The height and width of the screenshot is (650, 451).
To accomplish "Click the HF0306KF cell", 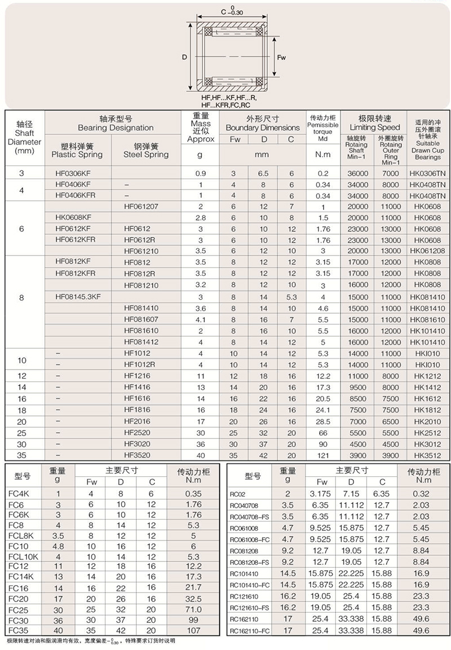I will [73, 173].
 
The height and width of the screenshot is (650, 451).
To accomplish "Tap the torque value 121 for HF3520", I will [323, 455].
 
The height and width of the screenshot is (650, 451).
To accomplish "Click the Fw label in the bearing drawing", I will [282, 58].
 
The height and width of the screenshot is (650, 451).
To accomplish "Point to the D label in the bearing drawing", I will [184, 58].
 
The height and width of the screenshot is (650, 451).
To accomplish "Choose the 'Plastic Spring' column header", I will [77, 150].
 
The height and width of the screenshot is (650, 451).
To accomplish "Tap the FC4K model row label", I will [17, 493].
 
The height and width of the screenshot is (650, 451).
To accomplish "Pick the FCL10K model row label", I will [21, 556].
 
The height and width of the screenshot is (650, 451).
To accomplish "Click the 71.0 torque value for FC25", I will [193, 610].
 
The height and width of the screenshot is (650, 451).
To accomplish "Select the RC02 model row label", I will [238, 494].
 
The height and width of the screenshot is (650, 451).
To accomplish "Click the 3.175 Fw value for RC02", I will [322, 494].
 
